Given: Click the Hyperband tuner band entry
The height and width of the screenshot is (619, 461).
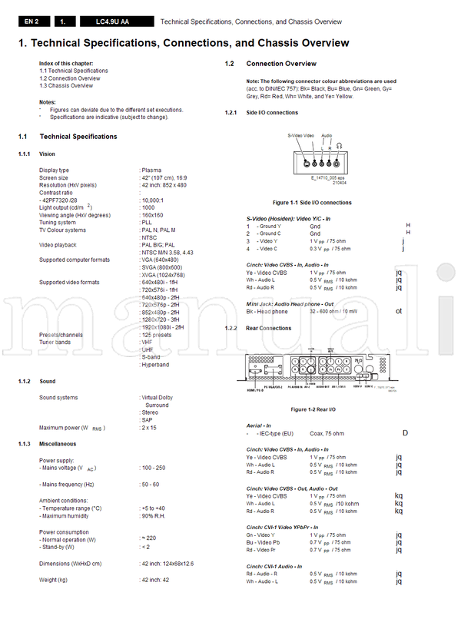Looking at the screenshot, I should [x=156, y=365].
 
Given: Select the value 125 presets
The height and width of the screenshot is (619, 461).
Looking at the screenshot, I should [x=159, y=335].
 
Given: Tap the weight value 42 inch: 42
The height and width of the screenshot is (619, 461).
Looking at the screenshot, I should [x=157, y=580].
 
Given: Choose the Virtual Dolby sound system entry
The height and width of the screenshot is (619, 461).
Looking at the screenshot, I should [x=160, y=398].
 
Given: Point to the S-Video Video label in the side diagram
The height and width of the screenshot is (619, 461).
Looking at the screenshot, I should [x=301, y=135].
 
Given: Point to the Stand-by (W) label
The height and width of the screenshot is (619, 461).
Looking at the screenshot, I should [x=58, y=547].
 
